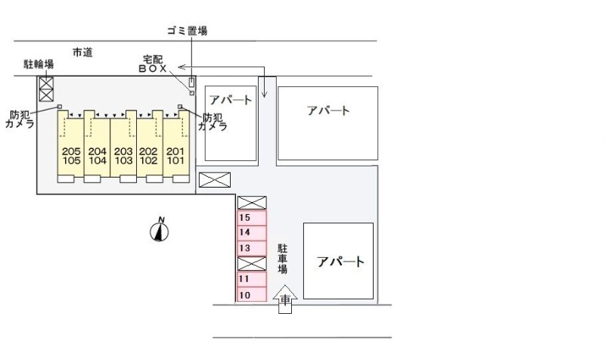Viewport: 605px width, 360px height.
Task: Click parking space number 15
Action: pos(252,218)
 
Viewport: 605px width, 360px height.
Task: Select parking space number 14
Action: pos(252,233)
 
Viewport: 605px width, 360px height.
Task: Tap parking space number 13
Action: pos(252,248)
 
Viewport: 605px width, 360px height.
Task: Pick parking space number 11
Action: pos(252,279)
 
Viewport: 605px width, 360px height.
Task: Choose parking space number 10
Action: pos(252,294)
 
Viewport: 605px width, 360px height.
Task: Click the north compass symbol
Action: pos(160,230)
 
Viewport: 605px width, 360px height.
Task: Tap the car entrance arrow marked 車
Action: pos(285,299)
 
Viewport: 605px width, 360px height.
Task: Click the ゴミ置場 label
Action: pos(187,31)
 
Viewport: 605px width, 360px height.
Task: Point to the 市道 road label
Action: pos(82,52)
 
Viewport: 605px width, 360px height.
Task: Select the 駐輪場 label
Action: pos(39,64)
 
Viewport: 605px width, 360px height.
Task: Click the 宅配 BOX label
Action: pos(153,64)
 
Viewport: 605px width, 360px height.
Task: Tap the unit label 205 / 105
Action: pos(71,156)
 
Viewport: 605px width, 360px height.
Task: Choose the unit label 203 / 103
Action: pos(123,156)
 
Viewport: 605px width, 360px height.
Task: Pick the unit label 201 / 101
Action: pos(175,156)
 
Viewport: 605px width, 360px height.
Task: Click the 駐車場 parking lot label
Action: pos(283,259)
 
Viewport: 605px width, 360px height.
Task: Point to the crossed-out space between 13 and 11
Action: pos(252,263)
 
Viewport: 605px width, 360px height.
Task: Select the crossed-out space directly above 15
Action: pos(252,203)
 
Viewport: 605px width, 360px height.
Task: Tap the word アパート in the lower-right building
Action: pos(340,262)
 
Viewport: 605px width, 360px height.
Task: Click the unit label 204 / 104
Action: pos(98,156)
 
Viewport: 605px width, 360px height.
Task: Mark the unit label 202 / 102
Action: pos(148,156)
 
